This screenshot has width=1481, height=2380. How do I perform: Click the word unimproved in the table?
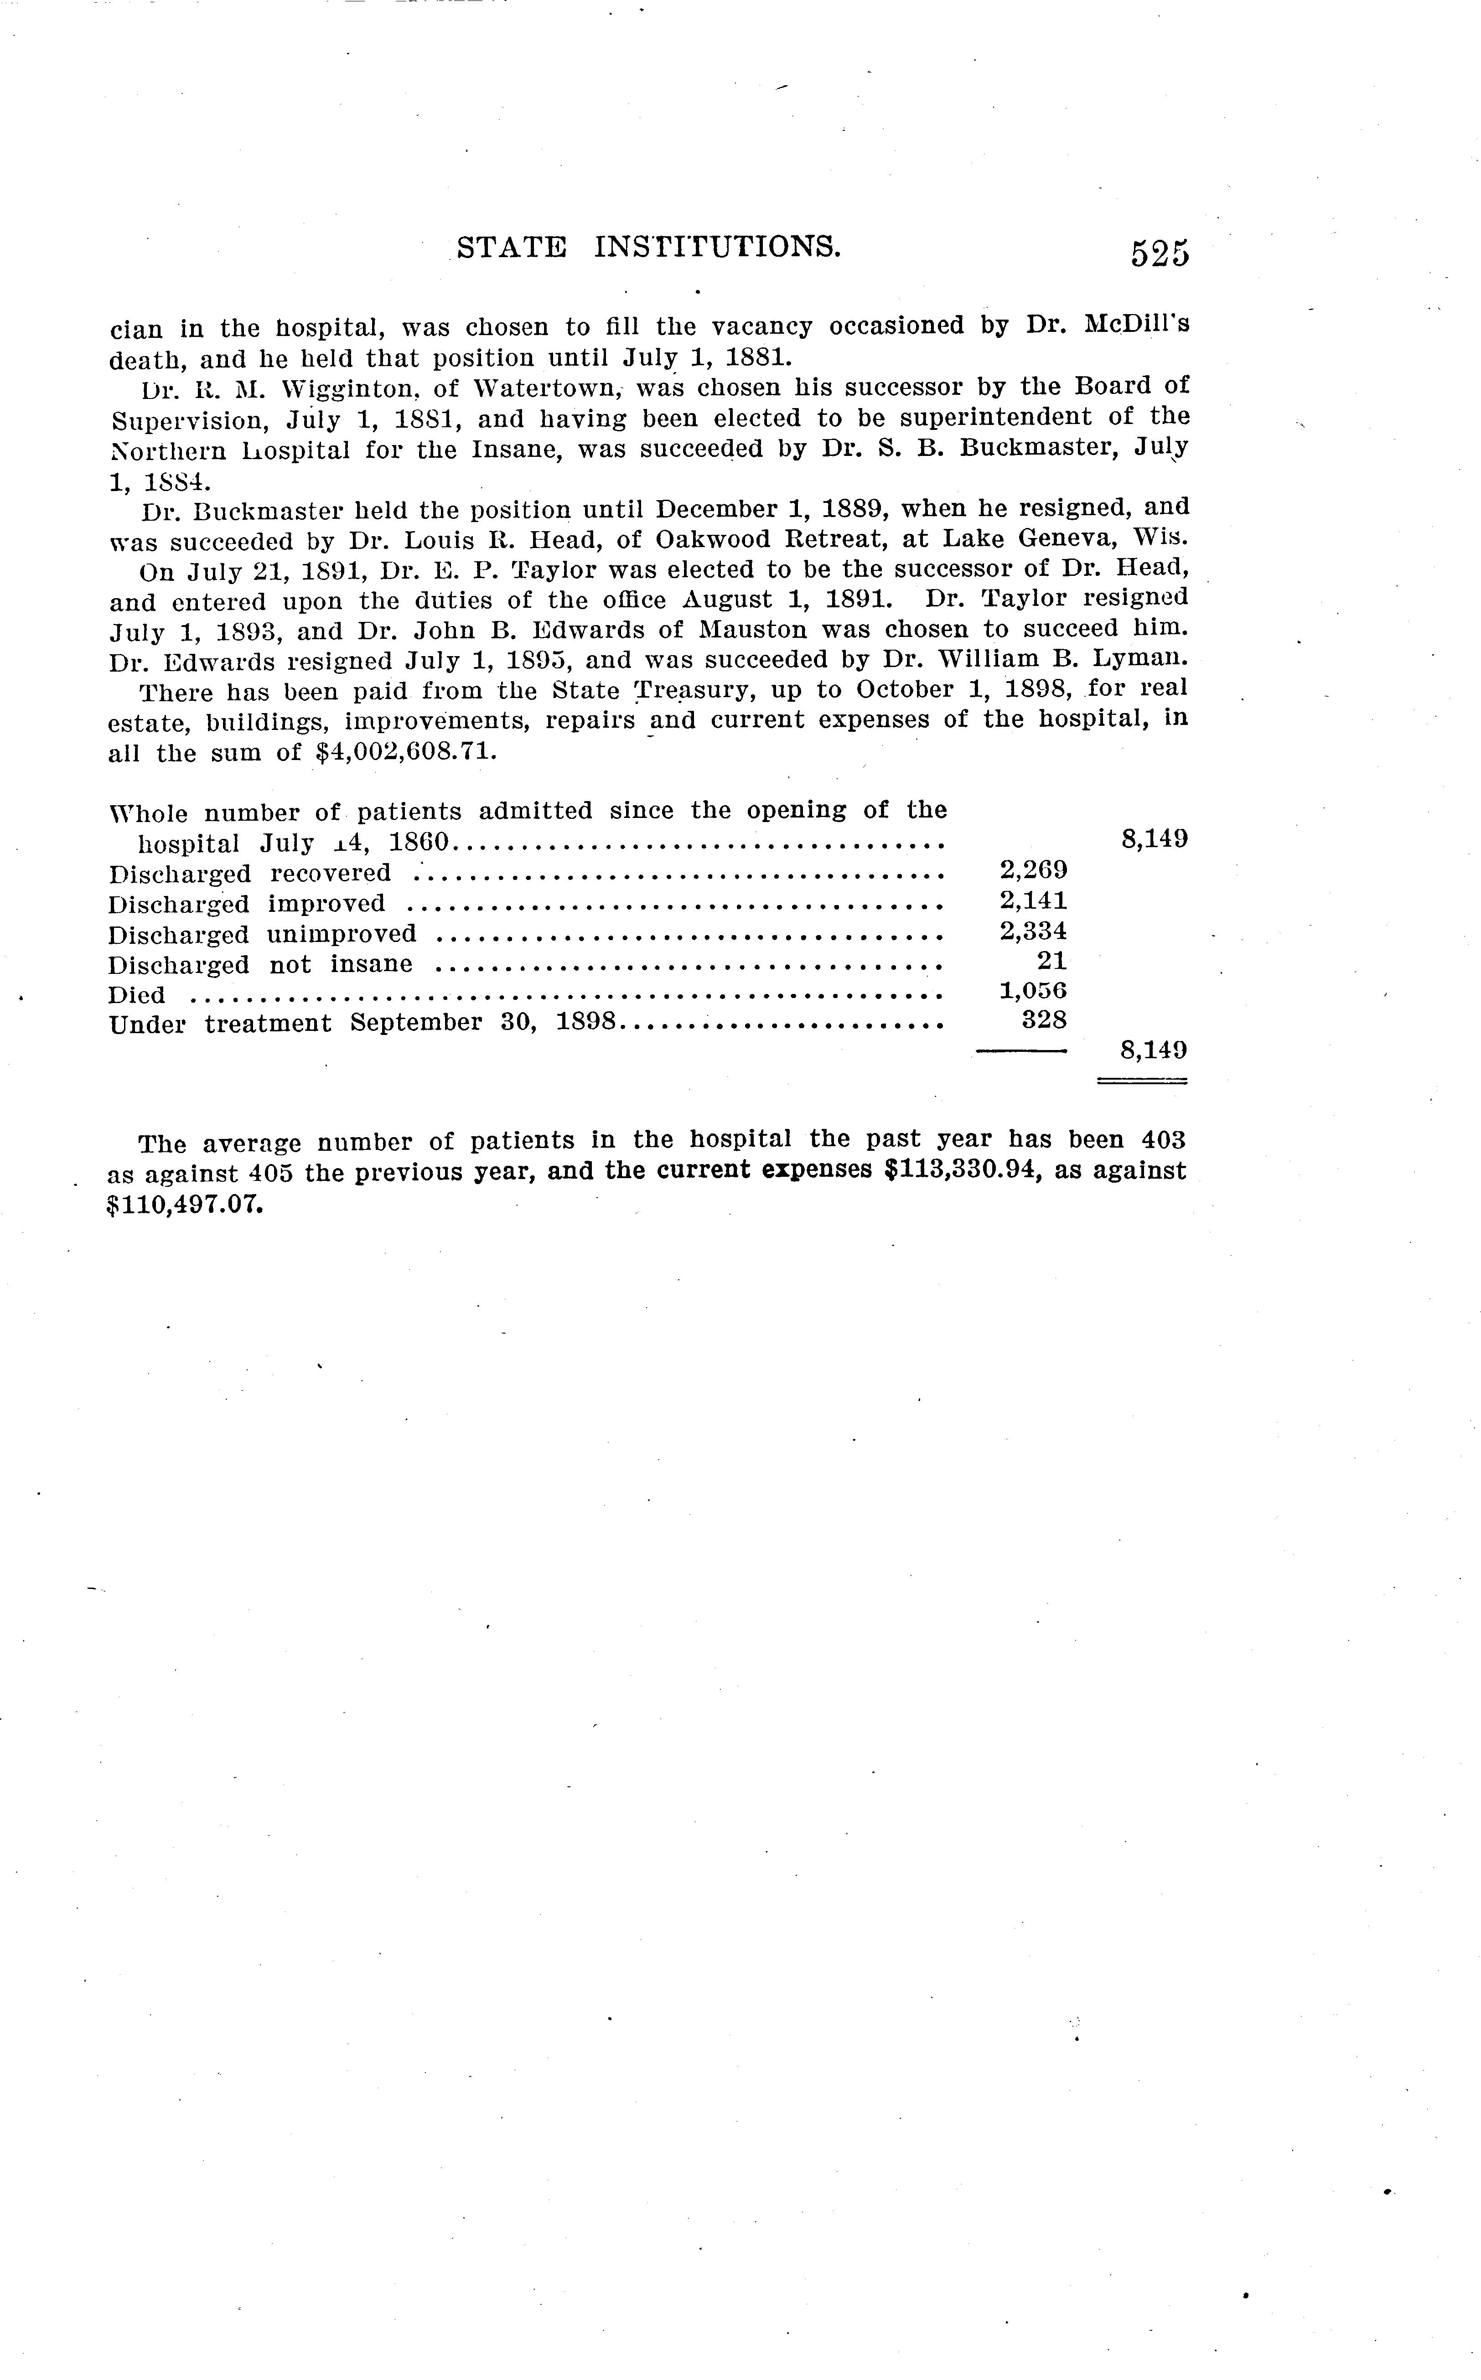point(342,934)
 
